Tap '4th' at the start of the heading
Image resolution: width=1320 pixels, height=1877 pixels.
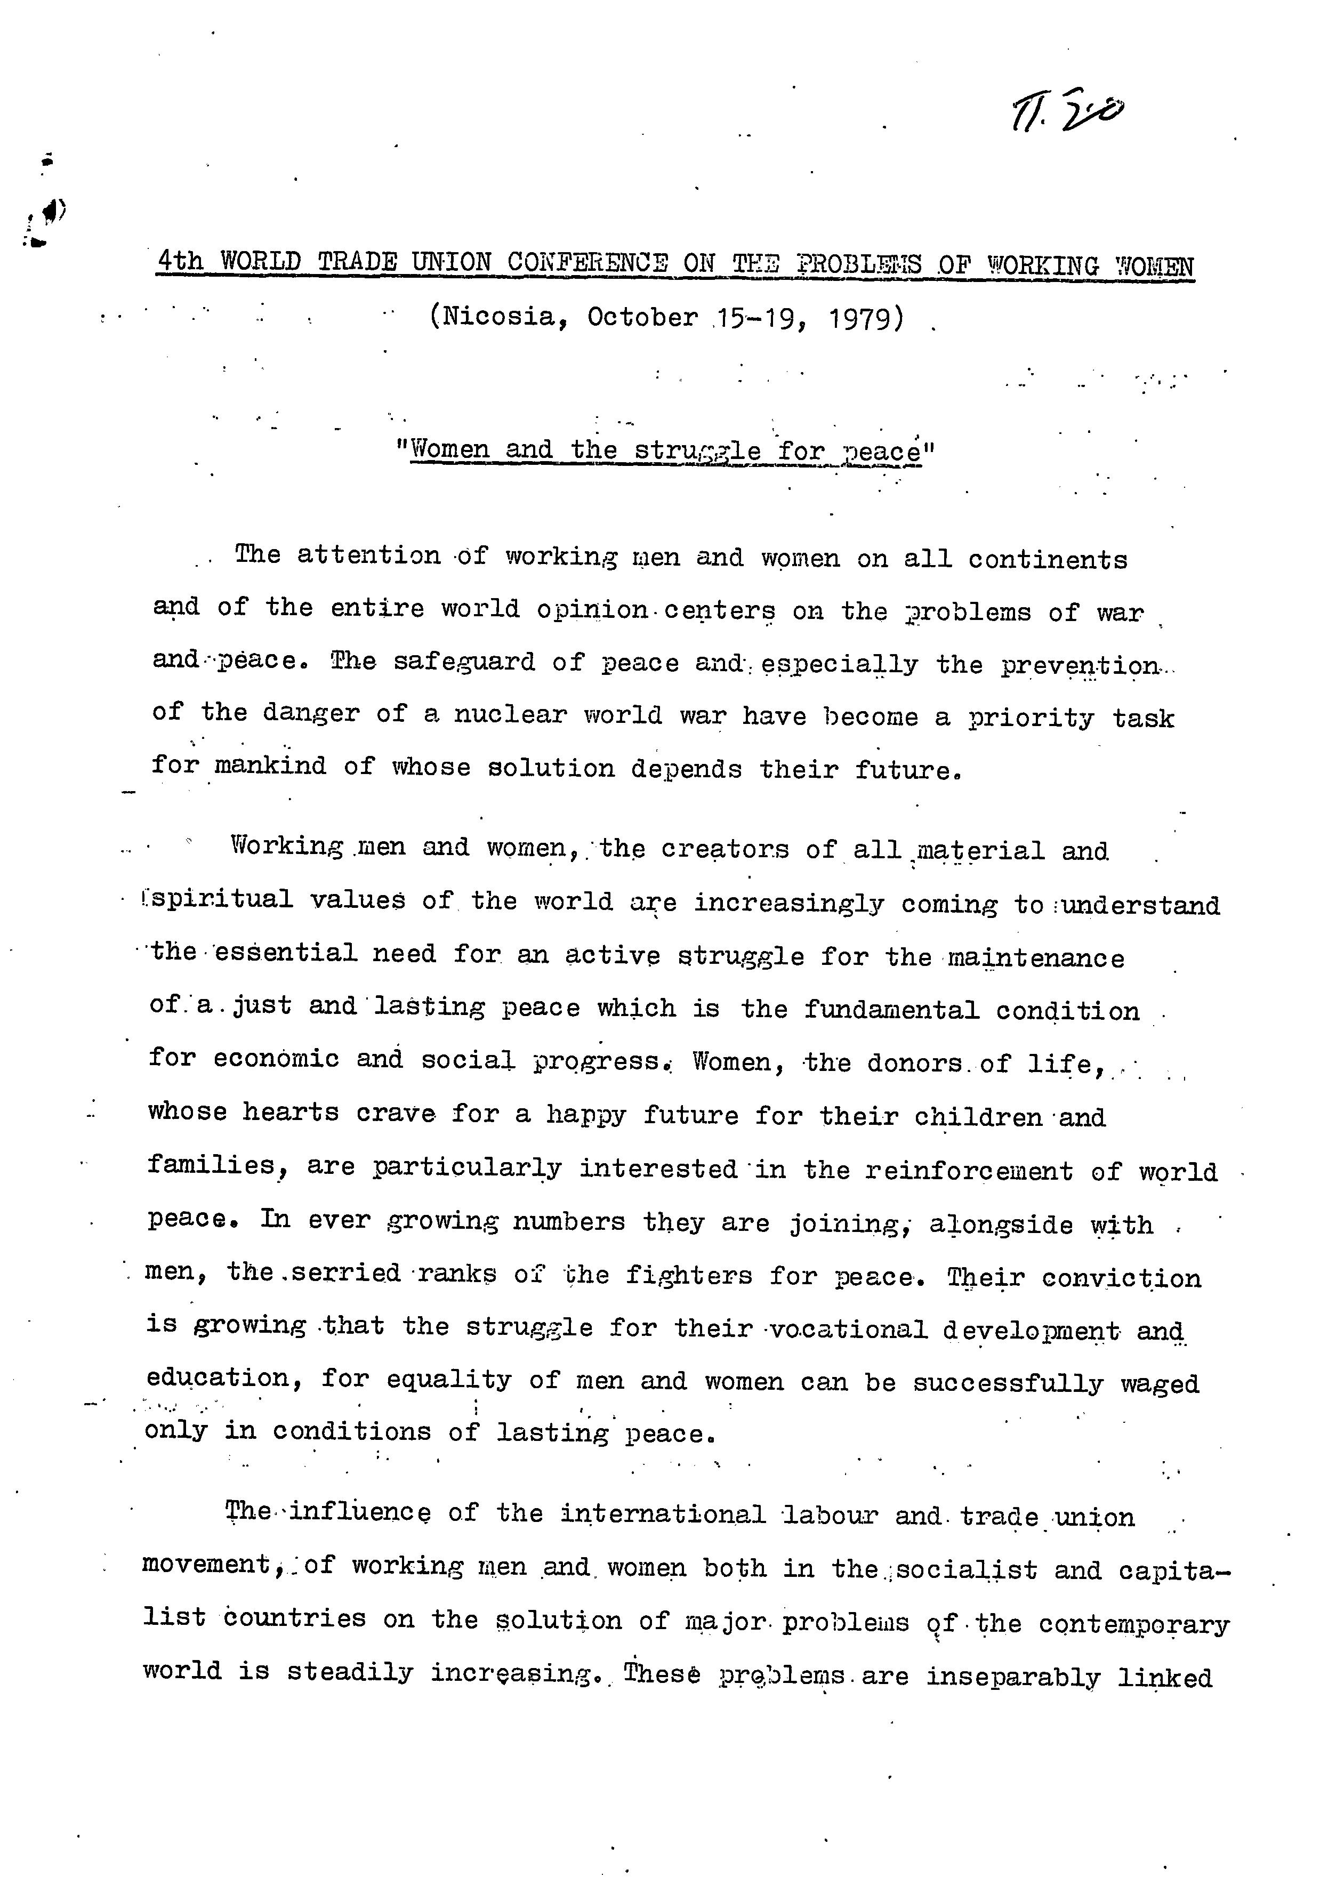(180, 263)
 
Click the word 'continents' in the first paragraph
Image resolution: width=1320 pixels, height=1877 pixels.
(1048, 560)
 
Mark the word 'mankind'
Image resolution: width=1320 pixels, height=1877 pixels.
(270, 766)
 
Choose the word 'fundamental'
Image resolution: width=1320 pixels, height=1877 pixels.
(891, 1010)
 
